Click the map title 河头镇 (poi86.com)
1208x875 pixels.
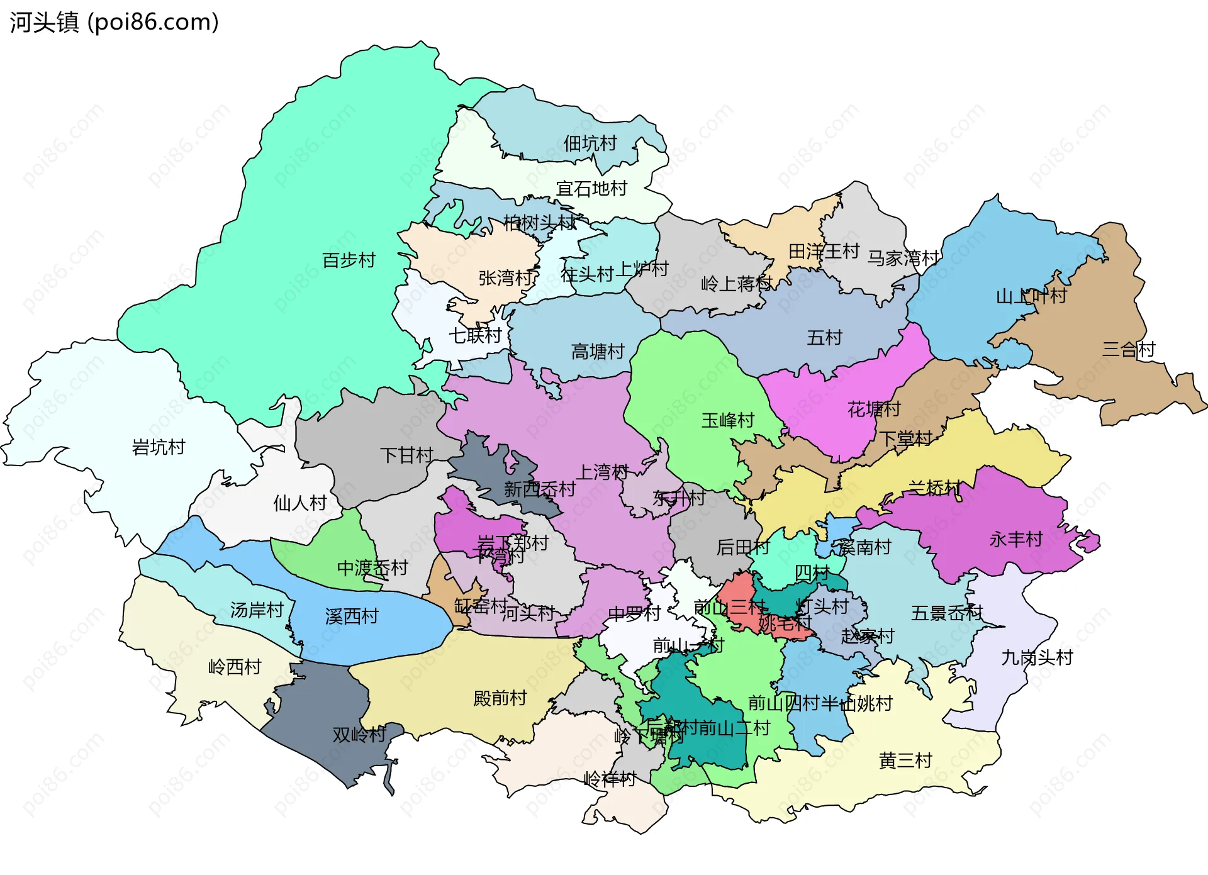click(x=114, y=22)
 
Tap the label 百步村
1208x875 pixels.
click(x=349, y=260)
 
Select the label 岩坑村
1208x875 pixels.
click(x=159, y=447)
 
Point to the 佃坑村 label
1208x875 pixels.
click(x=590, y=143)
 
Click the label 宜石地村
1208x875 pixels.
click(x=591, y=188)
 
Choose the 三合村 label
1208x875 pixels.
click(x=1129, y=349)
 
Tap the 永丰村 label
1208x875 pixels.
click(x=1015, y=539)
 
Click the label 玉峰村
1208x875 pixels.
click(x=728, y=420)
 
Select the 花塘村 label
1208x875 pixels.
click(x=874, y=410)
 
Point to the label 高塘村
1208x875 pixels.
click(x=598, y=352)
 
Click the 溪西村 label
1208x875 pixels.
click(x=352, y=616)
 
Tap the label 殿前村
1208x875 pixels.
click(x=500, y=698)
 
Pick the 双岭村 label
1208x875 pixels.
click(x=359, y=735)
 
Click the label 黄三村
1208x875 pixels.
click(x=905, y=761)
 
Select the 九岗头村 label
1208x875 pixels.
click(x=1037, y=658)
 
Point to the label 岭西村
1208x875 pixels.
click(x=235, y=667)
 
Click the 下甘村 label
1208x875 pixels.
click(x=406, y=455)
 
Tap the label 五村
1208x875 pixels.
click(x=824, y=338)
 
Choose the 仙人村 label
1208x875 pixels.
click(x=300, y=503)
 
